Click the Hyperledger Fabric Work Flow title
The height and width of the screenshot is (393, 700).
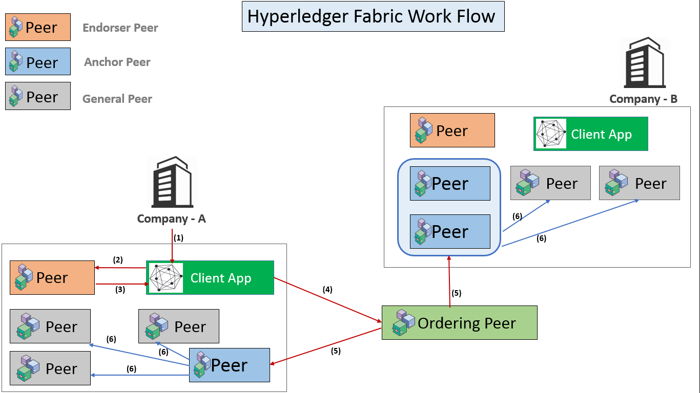click(373, 16)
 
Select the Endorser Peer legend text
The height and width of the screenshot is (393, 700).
click(120, 28)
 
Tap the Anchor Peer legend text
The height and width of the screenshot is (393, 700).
click(117, 62)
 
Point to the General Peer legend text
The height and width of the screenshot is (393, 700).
click(117, 99)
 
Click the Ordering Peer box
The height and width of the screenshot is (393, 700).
click(459, 323)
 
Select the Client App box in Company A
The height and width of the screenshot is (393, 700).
click(210, 278)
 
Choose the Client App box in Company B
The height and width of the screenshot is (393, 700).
click(590, 134)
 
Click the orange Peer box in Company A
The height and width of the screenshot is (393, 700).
click(52, 278)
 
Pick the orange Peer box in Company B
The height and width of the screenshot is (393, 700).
click(452, 130)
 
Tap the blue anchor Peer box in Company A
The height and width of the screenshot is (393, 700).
click(229, 365)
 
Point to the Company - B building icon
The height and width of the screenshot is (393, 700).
click(644, 62)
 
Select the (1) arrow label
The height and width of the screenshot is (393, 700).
click(178, 238)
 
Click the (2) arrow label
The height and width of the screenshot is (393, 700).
click(118, 260)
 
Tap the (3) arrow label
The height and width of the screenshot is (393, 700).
click(120, 290)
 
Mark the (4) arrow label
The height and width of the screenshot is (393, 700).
click(327, 290)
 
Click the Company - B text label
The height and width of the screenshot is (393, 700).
click(643, 99)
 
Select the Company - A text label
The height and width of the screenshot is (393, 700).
click(171, 219)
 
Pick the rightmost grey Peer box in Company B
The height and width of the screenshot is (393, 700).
click(639, 183)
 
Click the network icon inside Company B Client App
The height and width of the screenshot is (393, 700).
click(550, 134)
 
